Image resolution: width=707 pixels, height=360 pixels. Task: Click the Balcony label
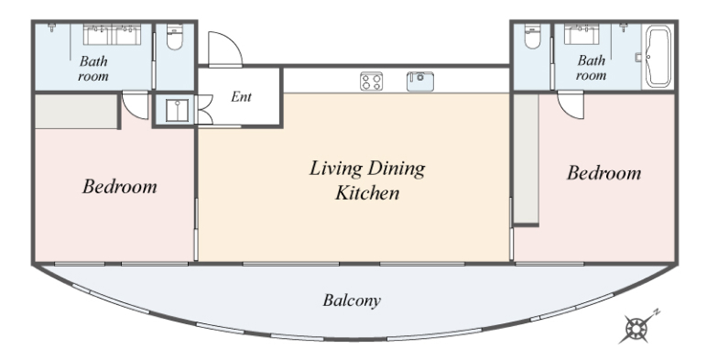352,300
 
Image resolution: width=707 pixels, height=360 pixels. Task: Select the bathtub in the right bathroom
658,57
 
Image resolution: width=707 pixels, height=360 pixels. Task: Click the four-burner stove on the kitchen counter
371,82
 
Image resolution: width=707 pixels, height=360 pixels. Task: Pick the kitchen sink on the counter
419,82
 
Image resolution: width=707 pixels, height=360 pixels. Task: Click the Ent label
241,96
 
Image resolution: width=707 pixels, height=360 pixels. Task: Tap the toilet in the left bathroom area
175,37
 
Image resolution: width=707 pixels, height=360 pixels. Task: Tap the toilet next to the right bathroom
532,36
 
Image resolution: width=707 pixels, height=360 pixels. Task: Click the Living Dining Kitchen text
367,180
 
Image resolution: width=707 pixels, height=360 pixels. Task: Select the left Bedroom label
119,186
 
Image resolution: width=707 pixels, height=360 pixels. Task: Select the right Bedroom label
604,173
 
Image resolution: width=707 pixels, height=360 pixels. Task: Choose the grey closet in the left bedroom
76,112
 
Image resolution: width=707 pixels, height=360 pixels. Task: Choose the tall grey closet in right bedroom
527,158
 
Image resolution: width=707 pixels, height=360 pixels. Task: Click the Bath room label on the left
93,69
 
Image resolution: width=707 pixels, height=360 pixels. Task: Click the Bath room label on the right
591,68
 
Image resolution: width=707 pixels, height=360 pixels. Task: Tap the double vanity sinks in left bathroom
113,34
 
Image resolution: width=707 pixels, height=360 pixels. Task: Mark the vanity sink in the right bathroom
582,34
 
